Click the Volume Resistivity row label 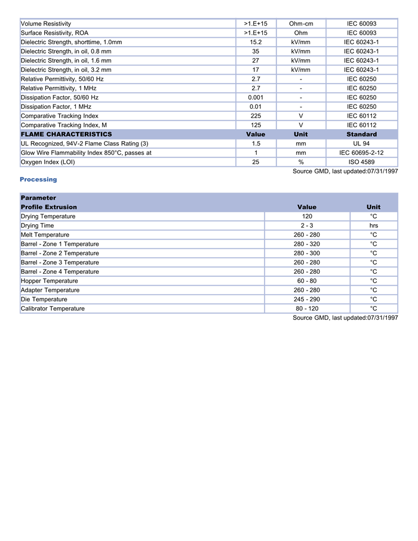46,24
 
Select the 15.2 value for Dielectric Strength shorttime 256,42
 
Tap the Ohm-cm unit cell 301,24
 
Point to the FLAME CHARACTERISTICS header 66,135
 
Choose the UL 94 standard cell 361,143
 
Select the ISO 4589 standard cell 361,162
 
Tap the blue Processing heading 38,179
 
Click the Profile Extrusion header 49,207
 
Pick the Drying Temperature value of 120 307,216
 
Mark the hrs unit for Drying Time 373,226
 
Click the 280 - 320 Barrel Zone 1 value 307,244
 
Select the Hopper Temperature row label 50,281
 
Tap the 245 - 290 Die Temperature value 307,299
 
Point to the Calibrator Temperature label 53,308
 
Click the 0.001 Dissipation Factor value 256,97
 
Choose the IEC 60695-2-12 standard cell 361,153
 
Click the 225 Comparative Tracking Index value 256,116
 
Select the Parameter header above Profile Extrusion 39,198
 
